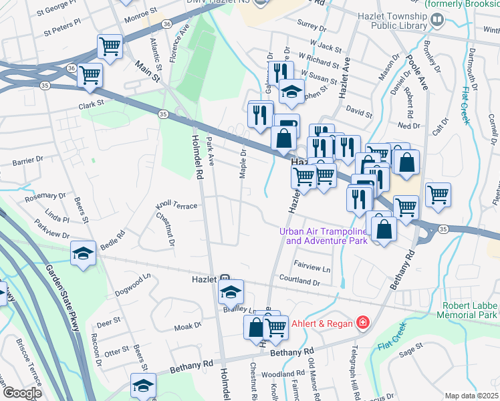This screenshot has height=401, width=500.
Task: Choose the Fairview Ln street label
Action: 311,269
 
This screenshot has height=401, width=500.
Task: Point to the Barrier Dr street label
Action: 27,160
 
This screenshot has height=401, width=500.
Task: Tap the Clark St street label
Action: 92,104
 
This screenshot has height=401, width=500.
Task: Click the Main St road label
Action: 149,72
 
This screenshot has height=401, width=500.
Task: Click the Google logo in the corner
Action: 23,393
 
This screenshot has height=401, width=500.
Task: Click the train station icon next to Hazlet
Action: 225,279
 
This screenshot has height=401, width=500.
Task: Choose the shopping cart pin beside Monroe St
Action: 110,47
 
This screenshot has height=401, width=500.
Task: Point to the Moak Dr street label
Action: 188,325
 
